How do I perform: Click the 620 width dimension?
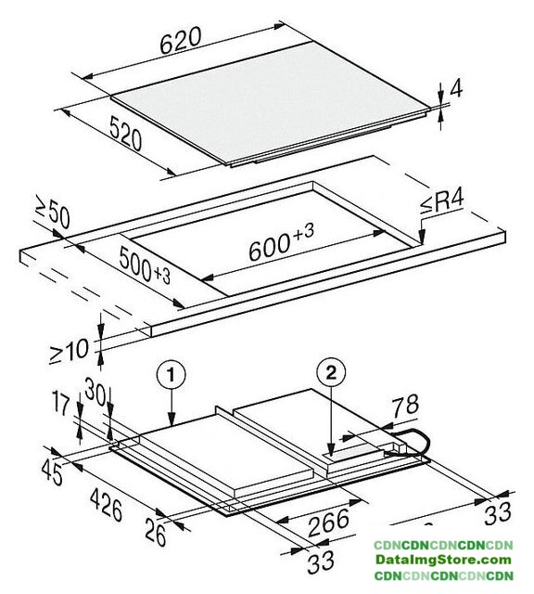click(x=180, y=41)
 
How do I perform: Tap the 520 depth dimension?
click(x=126, y=134)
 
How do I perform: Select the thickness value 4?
click(x=456, y=90)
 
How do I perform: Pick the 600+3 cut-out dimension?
click(x=282, y=241)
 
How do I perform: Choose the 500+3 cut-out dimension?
click(x=145, y=265)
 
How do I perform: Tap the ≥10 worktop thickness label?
click(x=70, y=351)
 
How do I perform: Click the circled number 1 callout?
click(x=172, y=375)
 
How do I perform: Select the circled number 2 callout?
click(x=331, y=373)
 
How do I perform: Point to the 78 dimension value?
click(x=404, y=406)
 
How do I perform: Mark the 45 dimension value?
click(x=52, y=472)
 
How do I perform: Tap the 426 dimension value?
click(x=107, y=505)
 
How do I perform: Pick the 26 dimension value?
click(x=156, y=532)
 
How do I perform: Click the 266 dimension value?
click(x=328, y=523)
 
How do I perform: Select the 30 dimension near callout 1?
click(x=95, y=390)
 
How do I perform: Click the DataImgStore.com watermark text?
click(x=443, y=560)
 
